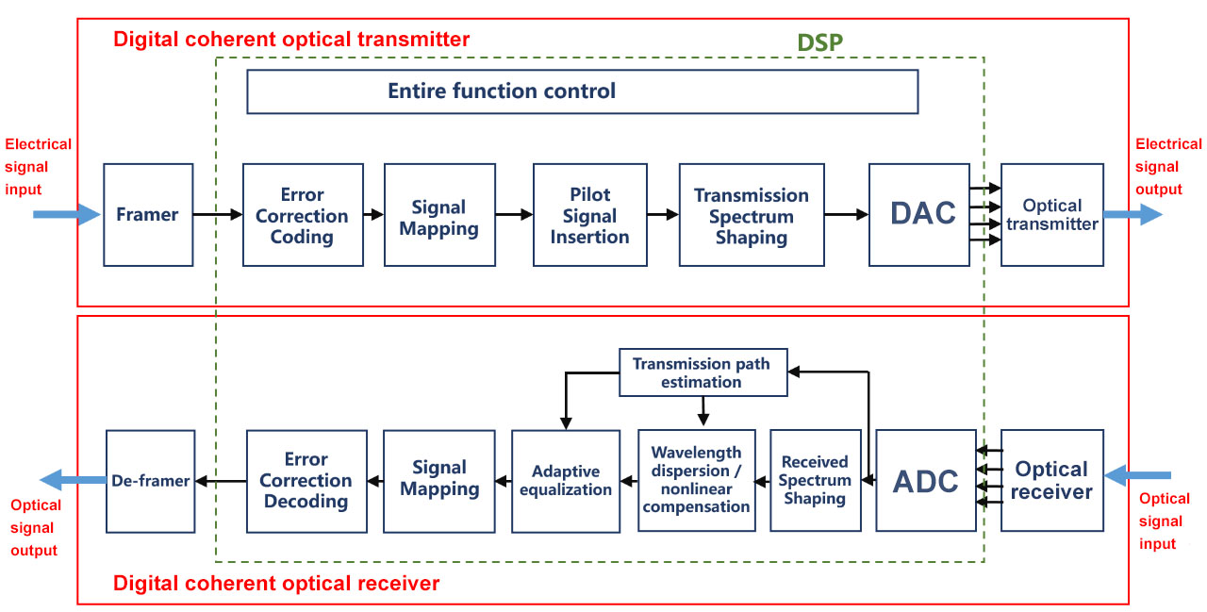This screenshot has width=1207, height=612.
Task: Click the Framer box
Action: pyautogui.click(x=148, y=215)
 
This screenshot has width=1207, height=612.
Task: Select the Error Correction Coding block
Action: pyautogui.click(x=303, y=215)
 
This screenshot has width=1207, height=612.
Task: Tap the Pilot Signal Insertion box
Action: pyautogui.click(x=589, y=215)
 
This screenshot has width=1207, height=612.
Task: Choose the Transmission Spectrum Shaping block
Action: pyautogui.click(x=751, y=215)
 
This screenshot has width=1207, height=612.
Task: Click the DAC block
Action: pyautogui.click(x=918, y=214)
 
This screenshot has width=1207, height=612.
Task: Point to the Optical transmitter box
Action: pyautogui.click(x=1051, y=215)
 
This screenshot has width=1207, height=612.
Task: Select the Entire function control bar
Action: pyautogui.click(x=582, y=91)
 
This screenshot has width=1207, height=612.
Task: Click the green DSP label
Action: pyautogui.click(x=819, y=42)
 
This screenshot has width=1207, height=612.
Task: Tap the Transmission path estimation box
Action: pyautogui.click(x=702, y=372)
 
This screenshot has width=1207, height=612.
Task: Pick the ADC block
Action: pyautogui.click(x=925, y=480)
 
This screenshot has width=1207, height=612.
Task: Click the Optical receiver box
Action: pyautogui.click(x=1051, y=480)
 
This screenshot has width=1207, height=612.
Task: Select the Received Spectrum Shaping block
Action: pyautogui.click(x=815, y=480)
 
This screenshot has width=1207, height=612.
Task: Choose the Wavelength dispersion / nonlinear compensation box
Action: pyautogui.click(x=696, y=480)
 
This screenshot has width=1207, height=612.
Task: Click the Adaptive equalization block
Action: pyautogui.click(x=566, y=480)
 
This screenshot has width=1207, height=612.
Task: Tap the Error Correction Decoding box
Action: pyautogui.click(x=306, y=480)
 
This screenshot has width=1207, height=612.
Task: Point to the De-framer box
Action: pyautogui.click(x=151, y=480)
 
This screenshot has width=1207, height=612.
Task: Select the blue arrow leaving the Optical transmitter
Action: pyautogui.click(x=1133, y=215)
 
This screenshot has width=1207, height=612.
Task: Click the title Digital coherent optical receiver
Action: pyautogui.click(x=276, y=584)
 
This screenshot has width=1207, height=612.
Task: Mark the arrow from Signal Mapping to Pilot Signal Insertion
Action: pyautogui.click(x=514, y=215)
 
